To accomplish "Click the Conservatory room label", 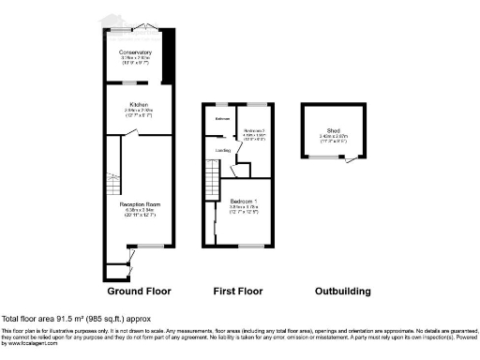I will (x=137, y=52).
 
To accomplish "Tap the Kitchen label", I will (x=137, y=105).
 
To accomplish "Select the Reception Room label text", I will (x=137, y=203).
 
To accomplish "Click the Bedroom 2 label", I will (x=255, y=129).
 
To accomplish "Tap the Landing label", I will (x=224, y=150).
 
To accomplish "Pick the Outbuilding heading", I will (x=343, y=292).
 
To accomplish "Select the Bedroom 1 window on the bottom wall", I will (x=250, y=246).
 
